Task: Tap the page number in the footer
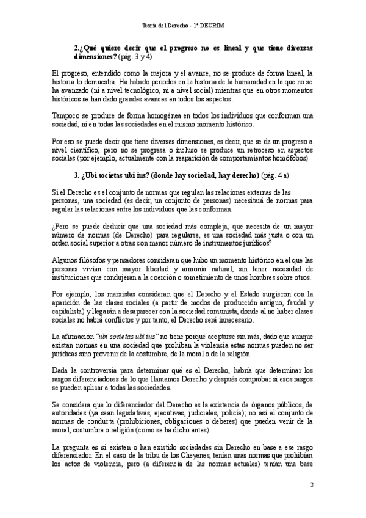(311, 485)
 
